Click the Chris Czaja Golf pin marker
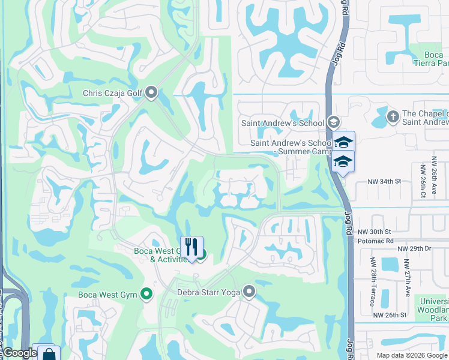coord(151,92)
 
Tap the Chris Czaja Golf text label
coord(112,93)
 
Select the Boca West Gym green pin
coord(146,294)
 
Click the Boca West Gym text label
coord(108,295)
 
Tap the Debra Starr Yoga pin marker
coord(249,292)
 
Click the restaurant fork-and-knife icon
coord(191,247)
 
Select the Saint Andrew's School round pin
coord(333,122)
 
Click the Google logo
coord(19,353)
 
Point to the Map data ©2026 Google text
coord(411,355)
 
